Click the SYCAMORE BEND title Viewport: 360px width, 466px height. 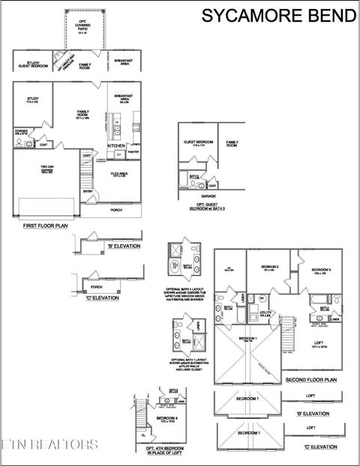tap(277, 15)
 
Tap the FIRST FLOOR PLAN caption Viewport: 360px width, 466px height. tap(44, 225)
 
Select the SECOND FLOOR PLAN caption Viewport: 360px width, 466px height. tap(310, 381)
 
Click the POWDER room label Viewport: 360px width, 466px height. tap(21, 131)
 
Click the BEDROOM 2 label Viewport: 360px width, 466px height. tap(270, 267)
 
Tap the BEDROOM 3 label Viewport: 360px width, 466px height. tap(322, 270)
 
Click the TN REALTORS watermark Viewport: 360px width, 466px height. tap(49, 444)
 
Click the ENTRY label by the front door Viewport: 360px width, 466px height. tap(88, 191)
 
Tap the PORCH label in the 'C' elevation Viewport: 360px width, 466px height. tap(95, 287)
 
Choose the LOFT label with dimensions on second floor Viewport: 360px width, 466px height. tap(319, 344)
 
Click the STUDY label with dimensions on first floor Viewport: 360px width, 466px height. tap(32, 100)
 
